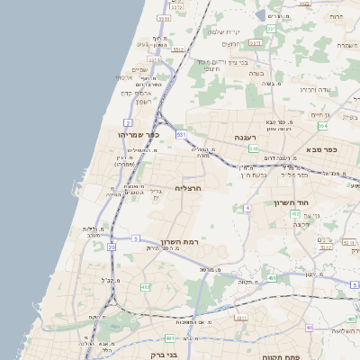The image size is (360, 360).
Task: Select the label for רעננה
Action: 247,138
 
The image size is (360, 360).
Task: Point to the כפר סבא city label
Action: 320,149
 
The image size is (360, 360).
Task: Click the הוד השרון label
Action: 292,203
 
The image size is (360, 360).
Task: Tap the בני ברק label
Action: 185,354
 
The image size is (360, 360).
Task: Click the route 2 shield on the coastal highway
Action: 128,121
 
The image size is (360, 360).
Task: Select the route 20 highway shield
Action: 112,246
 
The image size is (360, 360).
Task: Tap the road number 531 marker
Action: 181,134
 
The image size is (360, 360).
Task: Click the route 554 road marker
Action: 322,126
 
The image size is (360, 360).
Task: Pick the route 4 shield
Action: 247,208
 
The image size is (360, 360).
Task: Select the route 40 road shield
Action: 309,328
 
